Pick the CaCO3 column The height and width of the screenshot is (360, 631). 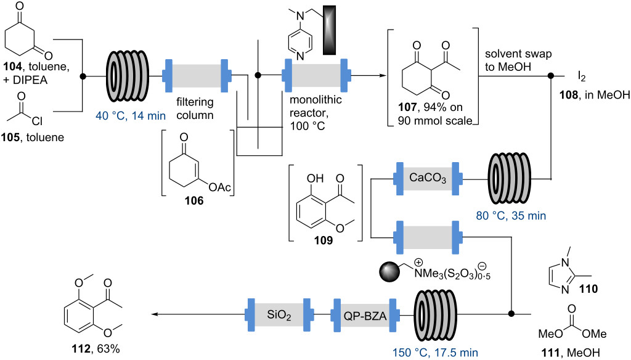coord(426,178)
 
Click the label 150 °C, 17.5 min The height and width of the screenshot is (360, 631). coord(434,353)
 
